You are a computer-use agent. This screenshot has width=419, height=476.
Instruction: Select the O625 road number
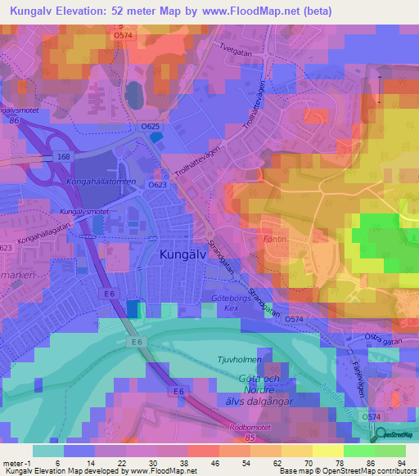149,127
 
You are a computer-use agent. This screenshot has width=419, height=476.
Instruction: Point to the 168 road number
65,157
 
